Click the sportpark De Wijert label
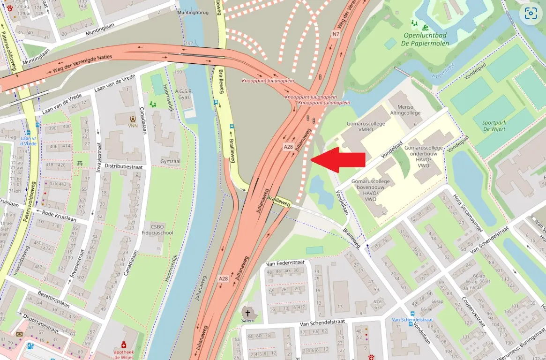click(494, 126)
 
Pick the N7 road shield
click(336, 34)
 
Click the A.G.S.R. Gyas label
click(184, 94)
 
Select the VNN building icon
click(133, 118)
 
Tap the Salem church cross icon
click(247, 312)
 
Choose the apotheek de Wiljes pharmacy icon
click(124, 345)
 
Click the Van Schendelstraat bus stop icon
click(411, 313)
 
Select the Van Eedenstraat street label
click(282, 263)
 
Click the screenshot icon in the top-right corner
click(531, 13)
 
